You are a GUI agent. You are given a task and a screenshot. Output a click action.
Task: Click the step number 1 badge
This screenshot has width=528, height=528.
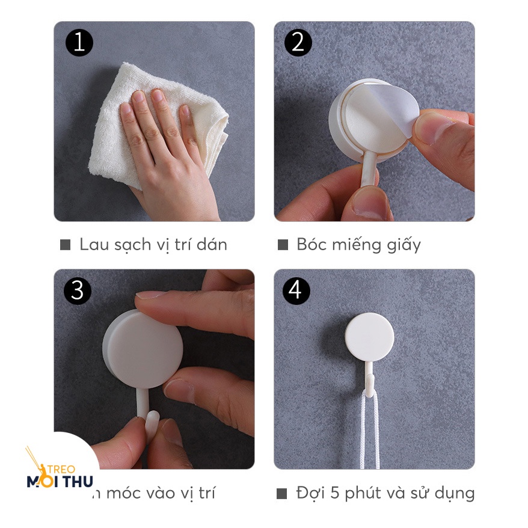point(79,43)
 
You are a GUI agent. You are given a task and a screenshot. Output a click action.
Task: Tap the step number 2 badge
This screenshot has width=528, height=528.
point(296,43)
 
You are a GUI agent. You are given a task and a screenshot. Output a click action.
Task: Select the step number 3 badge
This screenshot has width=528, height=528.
point(78,290)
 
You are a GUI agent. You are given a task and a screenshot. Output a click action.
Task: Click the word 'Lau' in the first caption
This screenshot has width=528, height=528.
point(93,244)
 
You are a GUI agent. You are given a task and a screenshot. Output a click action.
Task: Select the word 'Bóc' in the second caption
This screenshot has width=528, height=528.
point(311,244)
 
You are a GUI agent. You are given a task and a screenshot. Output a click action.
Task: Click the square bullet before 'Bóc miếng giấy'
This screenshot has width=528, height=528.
point(283,245)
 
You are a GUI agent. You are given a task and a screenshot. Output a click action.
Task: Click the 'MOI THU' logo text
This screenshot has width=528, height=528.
point(60,481)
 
